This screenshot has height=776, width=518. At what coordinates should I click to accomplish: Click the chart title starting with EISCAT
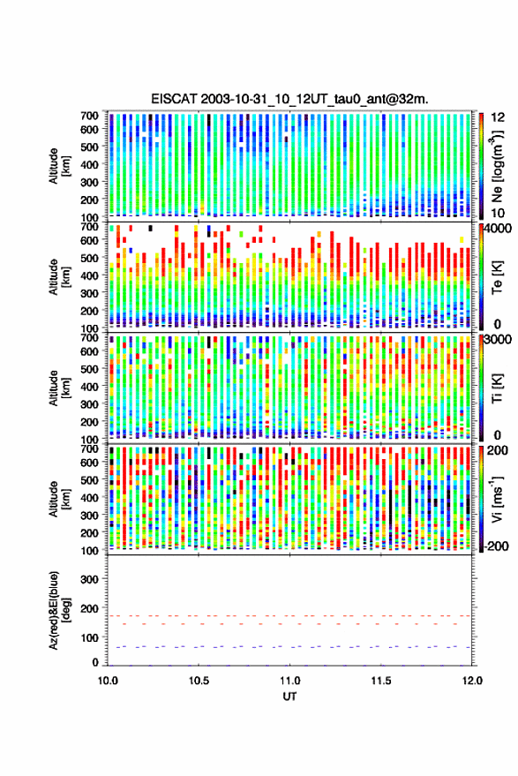(x=289, y=99)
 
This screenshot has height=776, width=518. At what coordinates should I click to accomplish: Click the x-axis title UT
(x=289, y=697)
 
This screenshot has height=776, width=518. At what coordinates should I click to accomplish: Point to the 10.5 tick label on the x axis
(x=199, y=681)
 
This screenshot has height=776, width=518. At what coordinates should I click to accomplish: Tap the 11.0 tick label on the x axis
(x=289, y=681)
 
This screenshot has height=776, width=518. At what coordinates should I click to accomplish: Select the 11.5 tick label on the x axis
(x=380, y=681)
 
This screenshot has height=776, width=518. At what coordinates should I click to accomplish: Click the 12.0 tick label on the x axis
(x=471, y=681)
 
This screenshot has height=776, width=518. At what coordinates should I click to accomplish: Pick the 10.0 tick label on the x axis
(x=108, y=681)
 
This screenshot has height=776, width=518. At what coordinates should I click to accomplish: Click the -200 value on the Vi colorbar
(x=496, y=546)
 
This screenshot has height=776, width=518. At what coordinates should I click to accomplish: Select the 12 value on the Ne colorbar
(x=498, y=117)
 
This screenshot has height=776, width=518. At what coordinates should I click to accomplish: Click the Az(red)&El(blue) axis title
(x=59, y=610)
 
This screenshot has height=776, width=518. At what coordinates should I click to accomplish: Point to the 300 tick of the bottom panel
(x=89, y=579)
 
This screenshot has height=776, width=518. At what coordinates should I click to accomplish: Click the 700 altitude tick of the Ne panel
(x=89, y=116)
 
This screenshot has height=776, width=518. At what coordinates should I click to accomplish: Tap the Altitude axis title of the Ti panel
(x=59, y=388)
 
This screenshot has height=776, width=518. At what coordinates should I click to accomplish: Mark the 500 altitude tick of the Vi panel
(x=89, y=479)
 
